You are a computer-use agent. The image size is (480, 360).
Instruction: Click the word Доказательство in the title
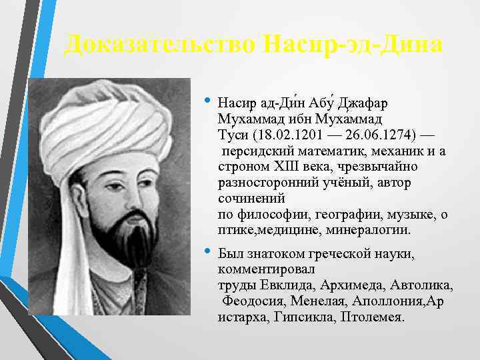[159, 45]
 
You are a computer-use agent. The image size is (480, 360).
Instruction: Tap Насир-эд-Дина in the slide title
[352, 45]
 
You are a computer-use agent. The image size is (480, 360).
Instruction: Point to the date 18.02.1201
[281, 135]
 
